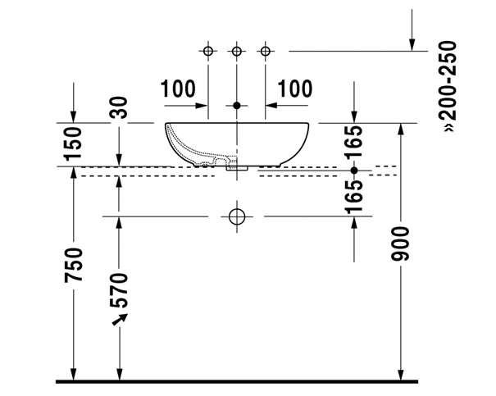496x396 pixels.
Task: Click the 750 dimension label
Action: click(74, 265)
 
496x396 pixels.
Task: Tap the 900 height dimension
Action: click(401, 244)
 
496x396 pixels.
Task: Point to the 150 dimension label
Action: click(74, 143)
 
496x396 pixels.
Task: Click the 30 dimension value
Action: click(120, 109)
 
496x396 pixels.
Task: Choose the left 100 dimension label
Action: click(178, 89)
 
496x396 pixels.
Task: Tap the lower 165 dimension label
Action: click(354, 197)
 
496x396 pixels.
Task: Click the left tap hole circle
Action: click(208, 52)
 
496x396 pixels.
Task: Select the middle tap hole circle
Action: click(237, 52)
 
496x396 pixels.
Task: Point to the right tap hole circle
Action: click(265, 52)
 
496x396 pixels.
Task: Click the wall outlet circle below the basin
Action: click(237, 217)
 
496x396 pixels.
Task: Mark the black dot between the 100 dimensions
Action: click(237, 105)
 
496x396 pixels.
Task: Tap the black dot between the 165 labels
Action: click(354, 171)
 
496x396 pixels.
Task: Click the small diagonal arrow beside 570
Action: click(118, 318)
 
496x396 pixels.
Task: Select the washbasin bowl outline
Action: click(237, 141)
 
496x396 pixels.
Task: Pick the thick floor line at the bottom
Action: click(237, 381)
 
